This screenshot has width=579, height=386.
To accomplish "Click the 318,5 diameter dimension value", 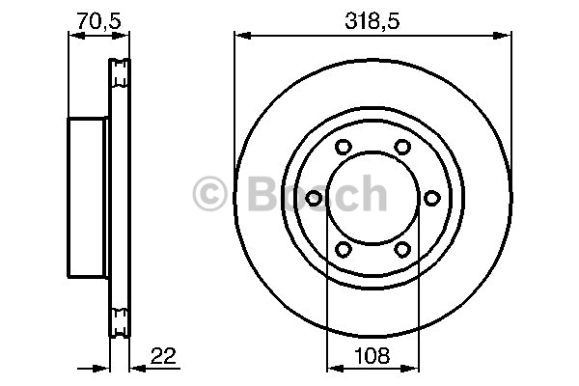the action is click(x=372, y=21).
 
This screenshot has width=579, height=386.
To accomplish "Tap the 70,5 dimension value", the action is click(x=98, y=21).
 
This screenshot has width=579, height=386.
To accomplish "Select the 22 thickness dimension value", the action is click(x=164, y=356).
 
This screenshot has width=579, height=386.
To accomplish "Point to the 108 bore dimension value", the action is click(x=372, y=356).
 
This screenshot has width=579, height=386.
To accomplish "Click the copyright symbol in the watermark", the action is click(x=209, y=193).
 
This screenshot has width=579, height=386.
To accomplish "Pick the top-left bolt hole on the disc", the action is click(x=343, y=147).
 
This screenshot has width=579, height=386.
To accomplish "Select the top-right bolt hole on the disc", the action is click(x=402, y=147).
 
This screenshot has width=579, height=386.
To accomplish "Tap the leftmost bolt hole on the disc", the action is click(x=314, y=198).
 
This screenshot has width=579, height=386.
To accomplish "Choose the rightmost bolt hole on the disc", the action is click(x=431, y=198).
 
